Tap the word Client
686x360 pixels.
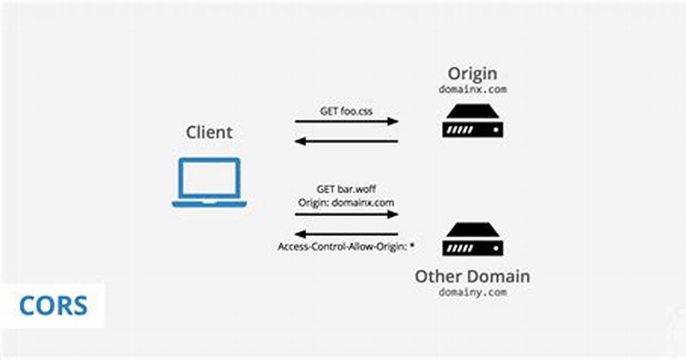(209, 132)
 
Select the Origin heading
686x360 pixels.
(473, 74)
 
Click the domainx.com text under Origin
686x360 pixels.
(473, 89)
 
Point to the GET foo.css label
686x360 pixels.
(346, 111)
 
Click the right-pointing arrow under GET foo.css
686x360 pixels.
(346, 121)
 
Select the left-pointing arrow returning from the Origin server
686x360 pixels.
(346, 141)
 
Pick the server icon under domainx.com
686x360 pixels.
(473, 121)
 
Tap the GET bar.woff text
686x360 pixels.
(346, 189)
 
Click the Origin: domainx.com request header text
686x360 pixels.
(346, 203)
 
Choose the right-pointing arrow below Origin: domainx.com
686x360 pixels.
(346, 214)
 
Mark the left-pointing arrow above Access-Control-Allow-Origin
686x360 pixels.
(346, 234)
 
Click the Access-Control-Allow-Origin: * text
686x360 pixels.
(346, 246)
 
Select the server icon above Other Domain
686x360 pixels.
(473, 239)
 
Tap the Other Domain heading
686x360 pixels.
(473, 276)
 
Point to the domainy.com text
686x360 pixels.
(473, 292)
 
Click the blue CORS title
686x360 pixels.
(53, 306)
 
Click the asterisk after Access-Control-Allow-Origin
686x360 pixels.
(412, 245)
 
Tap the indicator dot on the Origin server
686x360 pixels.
(496, 130)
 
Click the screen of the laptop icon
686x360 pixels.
(209, 178)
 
